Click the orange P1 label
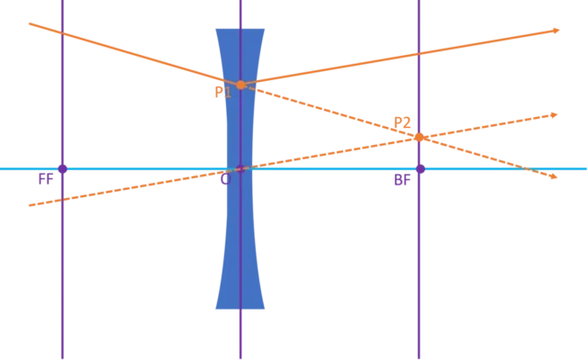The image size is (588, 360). coord(222,92)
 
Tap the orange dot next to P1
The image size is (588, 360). coord(240,85)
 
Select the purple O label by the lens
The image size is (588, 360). coord(225,179)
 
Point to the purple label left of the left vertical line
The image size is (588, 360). coord(45,178)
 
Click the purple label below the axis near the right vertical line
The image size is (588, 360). coord(401,180)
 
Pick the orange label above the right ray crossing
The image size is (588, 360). coord(402,122)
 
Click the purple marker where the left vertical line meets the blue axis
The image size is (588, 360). coord(61,168)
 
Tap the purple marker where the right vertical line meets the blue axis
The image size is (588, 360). coord(419,168)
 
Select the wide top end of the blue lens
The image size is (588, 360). coord(240,32)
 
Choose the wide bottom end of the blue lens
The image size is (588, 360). coord(240,306)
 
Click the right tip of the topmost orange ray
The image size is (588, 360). coord(557,31)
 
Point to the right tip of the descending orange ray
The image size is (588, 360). coord(556,176)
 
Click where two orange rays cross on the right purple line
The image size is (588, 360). coord(419,138)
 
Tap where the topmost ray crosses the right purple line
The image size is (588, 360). coord(419,54)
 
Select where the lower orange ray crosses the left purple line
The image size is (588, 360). coord(61,199)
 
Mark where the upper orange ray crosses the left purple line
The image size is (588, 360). coord(61,32)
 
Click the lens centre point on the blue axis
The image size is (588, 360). coord(240,168)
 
